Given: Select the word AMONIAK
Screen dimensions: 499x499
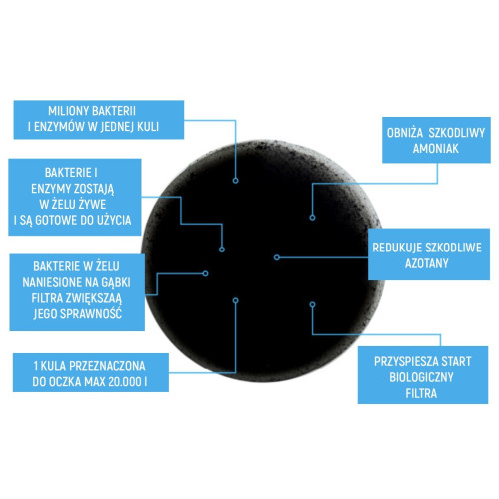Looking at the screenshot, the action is point(436,149).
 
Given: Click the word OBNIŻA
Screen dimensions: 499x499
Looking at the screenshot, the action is point(405,133).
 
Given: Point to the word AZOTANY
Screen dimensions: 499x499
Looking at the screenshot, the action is point(427,263).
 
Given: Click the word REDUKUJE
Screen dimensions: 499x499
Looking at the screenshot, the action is point(397,248).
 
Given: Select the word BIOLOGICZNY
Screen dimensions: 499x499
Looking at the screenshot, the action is point(421,377).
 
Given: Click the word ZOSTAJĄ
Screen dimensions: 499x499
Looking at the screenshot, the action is point(94,189).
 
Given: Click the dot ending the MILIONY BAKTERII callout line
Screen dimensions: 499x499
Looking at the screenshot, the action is point(236,181).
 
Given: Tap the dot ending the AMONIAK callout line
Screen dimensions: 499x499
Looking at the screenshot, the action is point(312,218).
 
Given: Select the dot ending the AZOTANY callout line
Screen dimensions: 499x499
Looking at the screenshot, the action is point(277,257).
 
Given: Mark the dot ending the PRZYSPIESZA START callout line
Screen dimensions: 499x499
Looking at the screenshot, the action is point(312,304).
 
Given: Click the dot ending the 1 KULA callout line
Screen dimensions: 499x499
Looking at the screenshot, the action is point(236,300).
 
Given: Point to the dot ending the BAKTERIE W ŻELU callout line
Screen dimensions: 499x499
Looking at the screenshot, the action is point(205,273).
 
